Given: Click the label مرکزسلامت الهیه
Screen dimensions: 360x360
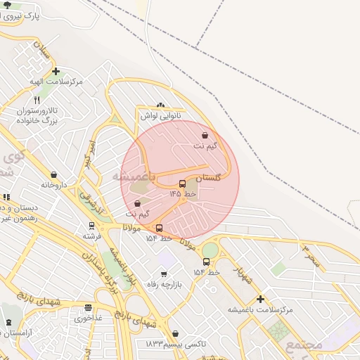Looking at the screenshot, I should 56,82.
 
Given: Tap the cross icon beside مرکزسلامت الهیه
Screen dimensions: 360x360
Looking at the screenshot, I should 56,71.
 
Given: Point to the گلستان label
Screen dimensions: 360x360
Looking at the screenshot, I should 208,179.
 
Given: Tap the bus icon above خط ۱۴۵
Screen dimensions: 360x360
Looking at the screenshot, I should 183,184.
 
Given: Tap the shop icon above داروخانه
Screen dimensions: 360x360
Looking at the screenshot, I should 54,174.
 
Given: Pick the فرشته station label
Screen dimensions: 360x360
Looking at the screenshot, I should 92,236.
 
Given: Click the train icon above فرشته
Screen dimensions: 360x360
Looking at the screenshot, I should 91,226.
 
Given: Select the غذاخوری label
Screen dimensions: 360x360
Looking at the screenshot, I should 89,319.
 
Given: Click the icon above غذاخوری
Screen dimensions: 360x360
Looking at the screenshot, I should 89,308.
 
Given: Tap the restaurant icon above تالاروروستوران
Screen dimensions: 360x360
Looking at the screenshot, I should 37,101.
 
